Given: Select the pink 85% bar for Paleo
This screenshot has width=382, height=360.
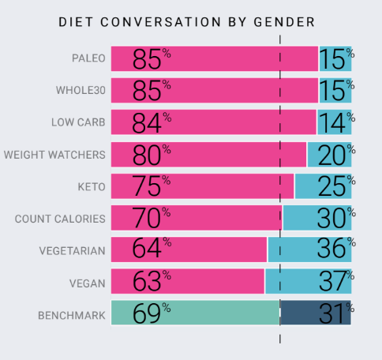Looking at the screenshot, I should (214, 59).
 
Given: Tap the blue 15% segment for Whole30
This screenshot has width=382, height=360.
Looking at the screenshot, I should (335, 91).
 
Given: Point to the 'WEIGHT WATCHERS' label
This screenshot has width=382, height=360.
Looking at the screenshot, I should (54, 154).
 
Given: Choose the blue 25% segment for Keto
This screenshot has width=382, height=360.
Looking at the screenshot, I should (324, 186).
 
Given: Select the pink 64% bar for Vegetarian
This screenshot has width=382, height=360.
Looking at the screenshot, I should (189, 249).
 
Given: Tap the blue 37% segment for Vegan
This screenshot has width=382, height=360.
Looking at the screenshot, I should (309, 281).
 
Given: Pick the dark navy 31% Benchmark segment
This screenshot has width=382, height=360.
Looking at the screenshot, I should (316, 313).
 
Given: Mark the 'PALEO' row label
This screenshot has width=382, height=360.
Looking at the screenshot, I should (88, 59).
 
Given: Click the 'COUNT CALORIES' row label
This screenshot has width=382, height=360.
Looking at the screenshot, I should (60, 218).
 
